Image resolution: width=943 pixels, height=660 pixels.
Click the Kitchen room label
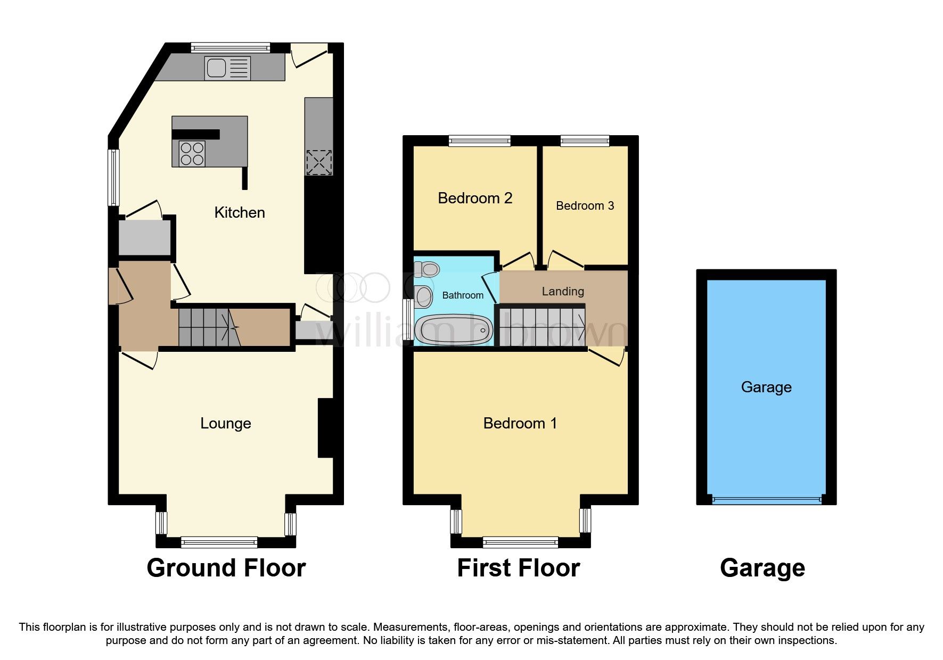[240, 212]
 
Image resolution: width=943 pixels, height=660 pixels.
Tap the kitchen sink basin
[216, 68]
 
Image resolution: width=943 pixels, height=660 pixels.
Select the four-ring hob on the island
[192, 153]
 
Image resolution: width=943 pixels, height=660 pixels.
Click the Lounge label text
[226, 423]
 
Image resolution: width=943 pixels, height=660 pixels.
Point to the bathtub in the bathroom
[453, 331]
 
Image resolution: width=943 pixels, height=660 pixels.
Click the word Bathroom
[463, 295]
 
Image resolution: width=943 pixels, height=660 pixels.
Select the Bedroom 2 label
[475, 198]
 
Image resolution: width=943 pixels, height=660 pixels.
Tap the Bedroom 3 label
[585, 205]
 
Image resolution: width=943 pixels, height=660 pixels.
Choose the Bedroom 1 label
[520, 423]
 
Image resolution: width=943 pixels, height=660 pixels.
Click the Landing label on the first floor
[563, 291]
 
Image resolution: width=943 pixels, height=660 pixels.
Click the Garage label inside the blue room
[766, 387]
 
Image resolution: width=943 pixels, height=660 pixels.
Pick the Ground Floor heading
[226, 568]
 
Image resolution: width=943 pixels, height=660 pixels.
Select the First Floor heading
[518, 568]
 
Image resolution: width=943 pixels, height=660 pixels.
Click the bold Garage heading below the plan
[762, 568]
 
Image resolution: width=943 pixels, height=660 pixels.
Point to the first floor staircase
[542, 326]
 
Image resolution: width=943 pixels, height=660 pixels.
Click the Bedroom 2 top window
[479, 141]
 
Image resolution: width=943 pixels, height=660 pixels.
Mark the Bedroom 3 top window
[585, 141]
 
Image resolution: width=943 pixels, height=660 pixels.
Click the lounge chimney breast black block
[325, 428]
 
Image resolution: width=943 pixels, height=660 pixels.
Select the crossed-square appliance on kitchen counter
[318, 162]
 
